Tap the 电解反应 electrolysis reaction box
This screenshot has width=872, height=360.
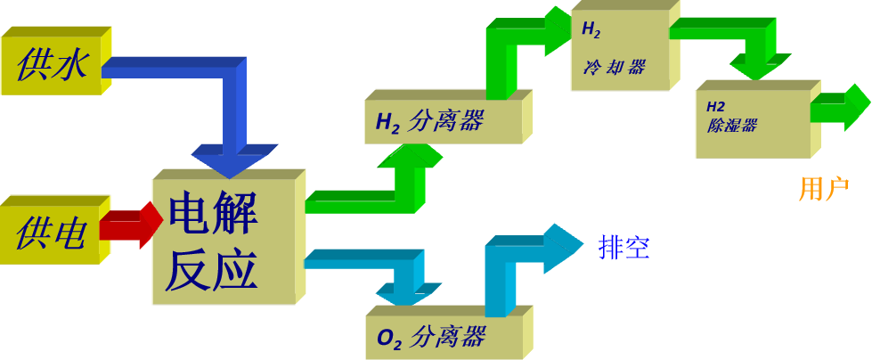[223, 241]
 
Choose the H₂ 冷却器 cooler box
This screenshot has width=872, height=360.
[619, 50]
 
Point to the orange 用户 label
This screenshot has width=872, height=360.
[823, 189]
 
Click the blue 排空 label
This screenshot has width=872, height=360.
[624, 248]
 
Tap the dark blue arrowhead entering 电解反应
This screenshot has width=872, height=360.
[237, 160]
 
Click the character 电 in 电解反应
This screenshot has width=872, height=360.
[188, 214]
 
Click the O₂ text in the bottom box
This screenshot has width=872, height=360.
[388, 339]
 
